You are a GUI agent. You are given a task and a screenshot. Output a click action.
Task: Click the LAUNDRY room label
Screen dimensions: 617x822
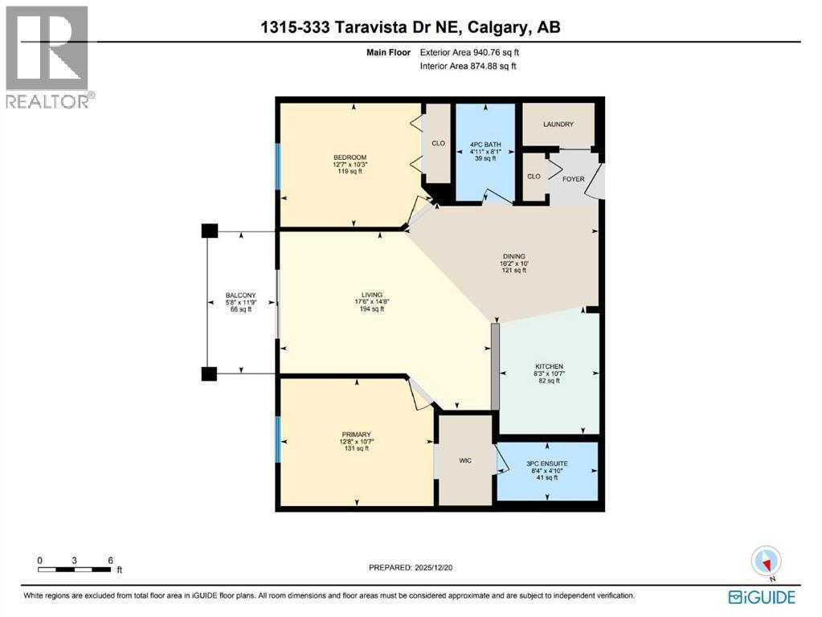click(x=558, y=125)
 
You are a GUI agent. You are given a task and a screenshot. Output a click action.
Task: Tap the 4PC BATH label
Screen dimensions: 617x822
click(x=485, y=145)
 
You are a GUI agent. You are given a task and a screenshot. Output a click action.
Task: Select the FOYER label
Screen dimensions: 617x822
click(x=573, y=179)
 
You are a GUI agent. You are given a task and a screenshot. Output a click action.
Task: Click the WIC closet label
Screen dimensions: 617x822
click(x=464, y=460)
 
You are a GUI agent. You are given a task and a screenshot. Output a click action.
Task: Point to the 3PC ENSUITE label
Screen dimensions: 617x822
click(x=547, y=464)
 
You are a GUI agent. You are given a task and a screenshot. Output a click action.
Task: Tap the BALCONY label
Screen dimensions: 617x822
click(x=240, y=296)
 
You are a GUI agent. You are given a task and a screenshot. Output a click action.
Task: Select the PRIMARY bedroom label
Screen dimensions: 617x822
click(x=355, y=434)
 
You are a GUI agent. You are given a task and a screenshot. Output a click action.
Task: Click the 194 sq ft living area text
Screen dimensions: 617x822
click(x=371, y=309)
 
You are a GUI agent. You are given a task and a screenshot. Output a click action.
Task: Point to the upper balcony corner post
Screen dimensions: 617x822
click(x=209, y=231)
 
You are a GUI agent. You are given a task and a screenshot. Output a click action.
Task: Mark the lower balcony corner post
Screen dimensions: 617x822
click(x=209, y=374)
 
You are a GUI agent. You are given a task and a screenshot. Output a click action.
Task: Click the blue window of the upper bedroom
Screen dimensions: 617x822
click(x=277, y=167)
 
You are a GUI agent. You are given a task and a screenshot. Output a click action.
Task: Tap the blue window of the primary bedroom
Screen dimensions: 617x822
click(x=277, y=439)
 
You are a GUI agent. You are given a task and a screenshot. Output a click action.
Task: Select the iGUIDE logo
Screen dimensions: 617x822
click(x=762, y=597)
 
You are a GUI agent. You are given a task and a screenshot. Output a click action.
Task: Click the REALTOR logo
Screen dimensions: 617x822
click(x=47, y=56)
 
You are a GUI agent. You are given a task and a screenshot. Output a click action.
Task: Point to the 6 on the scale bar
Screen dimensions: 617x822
click(x=110, y=560)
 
